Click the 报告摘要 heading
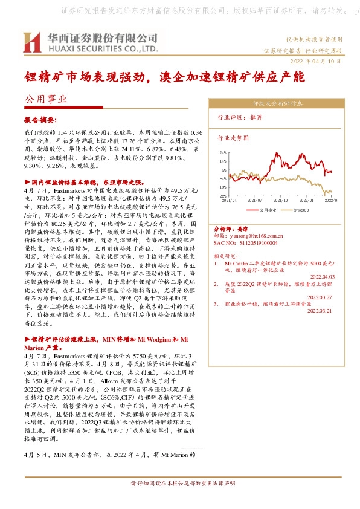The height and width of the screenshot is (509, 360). (x=40, y=120)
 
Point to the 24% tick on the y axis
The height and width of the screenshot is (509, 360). (x=223, y=153)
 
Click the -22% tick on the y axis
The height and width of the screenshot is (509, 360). (x=223, y=196)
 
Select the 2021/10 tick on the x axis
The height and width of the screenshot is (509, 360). (x=281, y=200)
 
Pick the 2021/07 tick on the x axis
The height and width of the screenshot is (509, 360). (x=256, y=200)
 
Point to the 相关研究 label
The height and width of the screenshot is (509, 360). (x=225, y=256)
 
